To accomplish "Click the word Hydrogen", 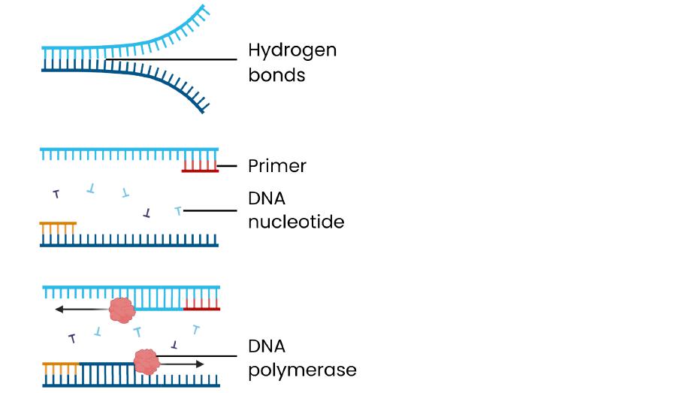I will [x=292, y=51].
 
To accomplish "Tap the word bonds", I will [x=276, y=75].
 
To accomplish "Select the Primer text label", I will [x=276, y=166].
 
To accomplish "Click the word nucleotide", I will [x=295, y=222].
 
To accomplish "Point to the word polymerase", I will [x=302, y=370].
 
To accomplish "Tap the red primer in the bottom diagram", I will [x=201, y=304].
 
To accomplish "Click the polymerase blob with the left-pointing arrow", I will [x=121, y=308].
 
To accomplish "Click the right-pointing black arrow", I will [x=184, y=364].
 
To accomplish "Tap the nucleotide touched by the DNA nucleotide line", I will [x=178, y=210].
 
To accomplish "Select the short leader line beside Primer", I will [x=228, y=166].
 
